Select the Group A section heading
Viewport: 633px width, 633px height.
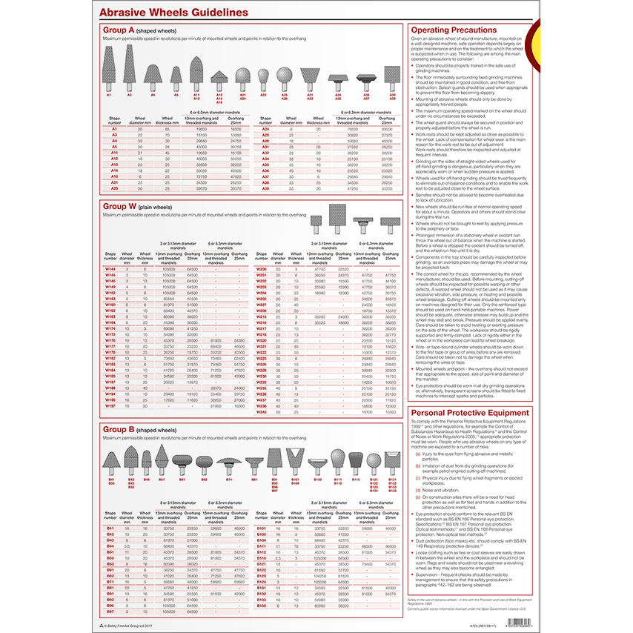122,30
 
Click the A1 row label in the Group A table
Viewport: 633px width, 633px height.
115,129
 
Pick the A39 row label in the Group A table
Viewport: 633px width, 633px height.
265,189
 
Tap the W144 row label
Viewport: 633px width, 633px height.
110,269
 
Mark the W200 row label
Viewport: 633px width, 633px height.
261,269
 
